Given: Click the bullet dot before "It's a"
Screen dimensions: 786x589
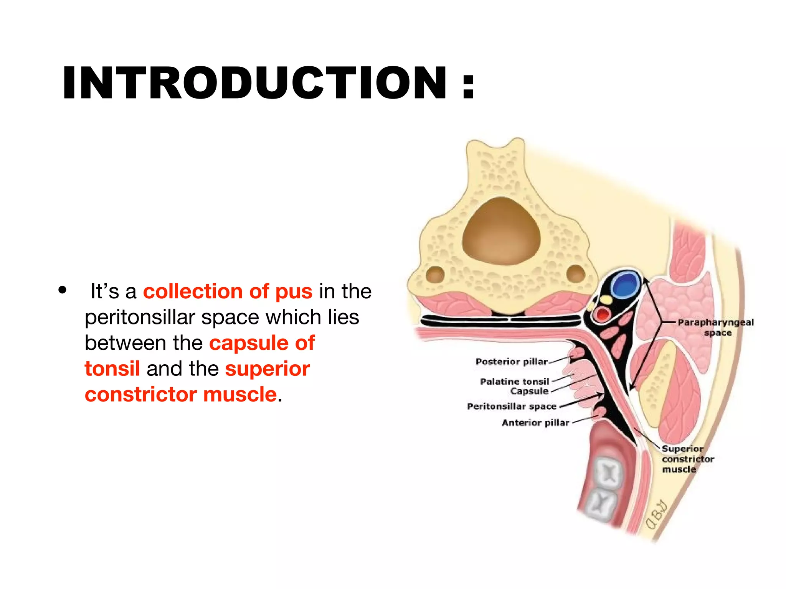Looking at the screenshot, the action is (63, 290).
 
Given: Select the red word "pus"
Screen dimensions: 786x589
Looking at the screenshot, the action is (294, 291).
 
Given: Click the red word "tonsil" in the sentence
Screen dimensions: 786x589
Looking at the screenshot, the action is (112, 369).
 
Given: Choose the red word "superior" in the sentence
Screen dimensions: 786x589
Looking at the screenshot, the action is (268, 369).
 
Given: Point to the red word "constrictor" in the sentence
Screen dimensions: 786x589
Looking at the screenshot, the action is (140, 395).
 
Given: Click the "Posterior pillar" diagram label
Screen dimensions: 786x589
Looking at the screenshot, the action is (512, 362).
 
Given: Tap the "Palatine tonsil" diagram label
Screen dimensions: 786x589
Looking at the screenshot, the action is (515, 382).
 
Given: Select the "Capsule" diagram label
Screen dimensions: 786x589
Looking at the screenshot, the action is (530, 391).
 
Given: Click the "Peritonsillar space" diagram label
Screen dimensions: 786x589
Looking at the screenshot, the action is (512, 406).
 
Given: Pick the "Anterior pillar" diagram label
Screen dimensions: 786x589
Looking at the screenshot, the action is (535, 423).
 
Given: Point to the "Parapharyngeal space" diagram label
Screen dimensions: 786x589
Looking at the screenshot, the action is (716, 327).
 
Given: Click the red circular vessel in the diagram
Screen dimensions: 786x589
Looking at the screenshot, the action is (603, 315).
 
